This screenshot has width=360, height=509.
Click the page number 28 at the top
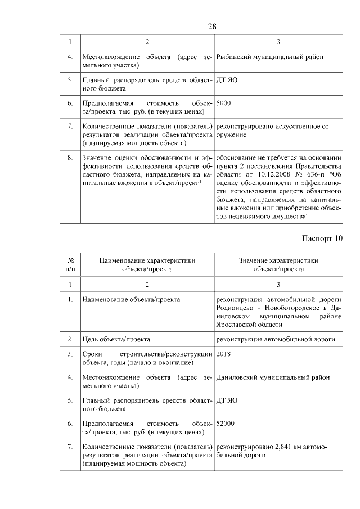[211, 26]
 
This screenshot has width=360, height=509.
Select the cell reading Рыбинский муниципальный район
[269, 57]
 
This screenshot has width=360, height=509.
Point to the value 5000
[223, 103]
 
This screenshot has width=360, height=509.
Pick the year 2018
[223, 354]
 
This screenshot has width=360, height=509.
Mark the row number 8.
[70, 157]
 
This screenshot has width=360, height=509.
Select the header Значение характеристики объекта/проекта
[278, 265]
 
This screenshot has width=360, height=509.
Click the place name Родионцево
[236, 308]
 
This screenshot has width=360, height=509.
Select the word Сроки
[92, 354]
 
